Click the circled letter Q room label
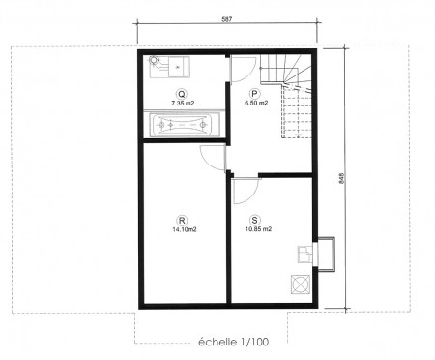click(x=182, y=94)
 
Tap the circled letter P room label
click(x=254, y=94)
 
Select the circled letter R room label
click(x=182, y=221)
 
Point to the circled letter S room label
click(x=255, y=220)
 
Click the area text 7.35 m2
click(x=183, y=104)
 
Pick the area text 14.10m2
click(x=185, y=229)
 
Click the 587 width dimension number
click(x=227, y=19)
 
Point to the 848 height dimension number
click(x=342, y=179)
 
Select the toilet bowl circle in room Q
click(x=154, y=60)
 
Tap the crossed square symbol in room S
click(x=301, y=285)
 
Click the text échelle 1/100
click(x=233, y=342)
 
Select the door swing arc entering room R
click(x=205, y=160)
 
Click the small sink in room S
click(x=304, y=255)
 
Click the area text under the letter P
click(x=256, y=104)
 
